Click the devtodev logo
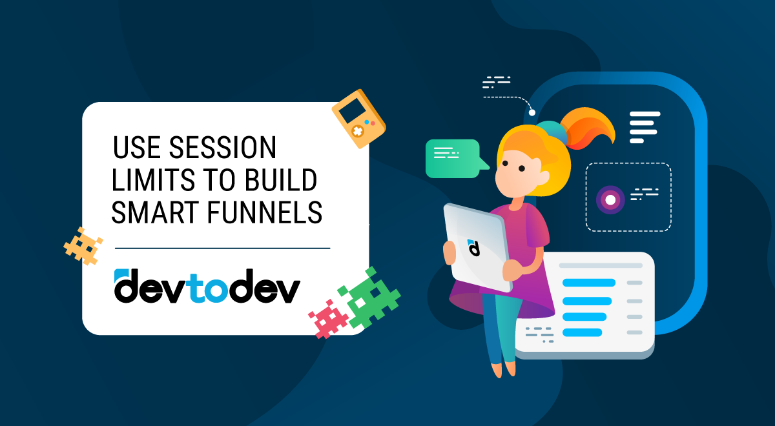(207, 286)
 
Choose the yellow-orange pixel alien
(83, 246)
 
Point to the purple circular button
(610, 199)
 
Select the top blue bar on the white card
(588, 283)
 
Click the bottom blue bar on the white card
(582, 332)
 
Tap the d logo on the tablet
(473, 247)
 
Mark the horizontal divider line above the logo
(222, 248)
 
